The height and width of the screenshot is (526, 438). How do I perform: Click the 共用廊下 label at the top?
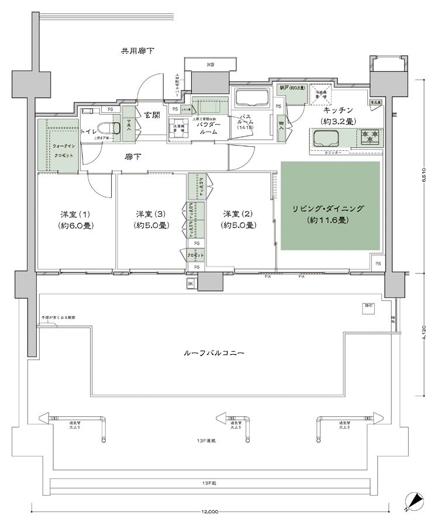pyautogui.click(x=138, y=51)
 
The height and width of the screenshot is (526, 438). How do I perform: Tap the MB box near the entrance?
pyautogui.click(x=209, y=65)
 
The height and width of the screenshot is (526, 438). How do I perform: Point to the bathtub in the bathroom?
pyautogui.click(x=250, y=96)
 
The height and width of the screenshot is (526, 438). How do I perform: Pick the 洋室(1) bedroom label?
pyautogui.click(x=77, y=219)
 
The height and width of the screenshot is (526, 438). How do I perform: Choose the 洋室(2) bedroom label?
pyautogui.click(x=237, y=219)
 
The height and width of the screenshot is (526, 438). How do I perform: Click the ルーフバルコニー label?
pyautogui.click(x=213, y=353)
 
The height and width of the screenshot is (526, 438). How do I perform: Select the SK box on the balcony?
pyautogui.click(x=191, y=284)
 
